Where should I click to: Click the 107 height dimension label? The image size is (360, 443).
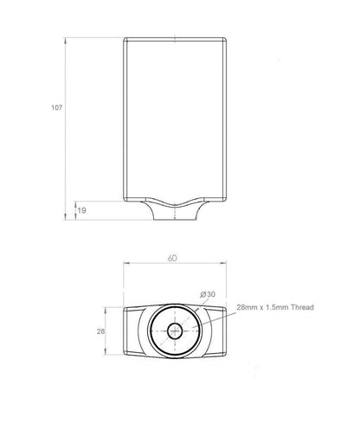[x=57, y=107]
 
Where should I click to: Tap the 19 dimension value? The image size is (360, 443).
[x=82, y=210]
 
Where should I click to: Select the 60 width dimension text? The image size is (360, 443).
[x=172, y=258]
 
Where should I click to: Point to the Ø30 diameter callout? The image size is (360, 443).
[x=208, y=294]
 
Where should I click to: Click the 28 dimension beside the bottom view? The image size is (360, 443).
[x=100, y=331]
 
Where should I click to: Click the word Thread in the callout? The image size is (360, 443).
[x=302, y=307]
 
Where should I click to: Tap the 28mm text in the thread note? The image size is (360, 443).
[x=247, y=307]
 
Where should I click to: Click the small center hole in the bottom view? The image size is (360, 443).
[x=175, y=331]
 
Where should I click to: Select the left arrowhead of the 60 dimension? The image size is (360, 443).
[x=127, y=263]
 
